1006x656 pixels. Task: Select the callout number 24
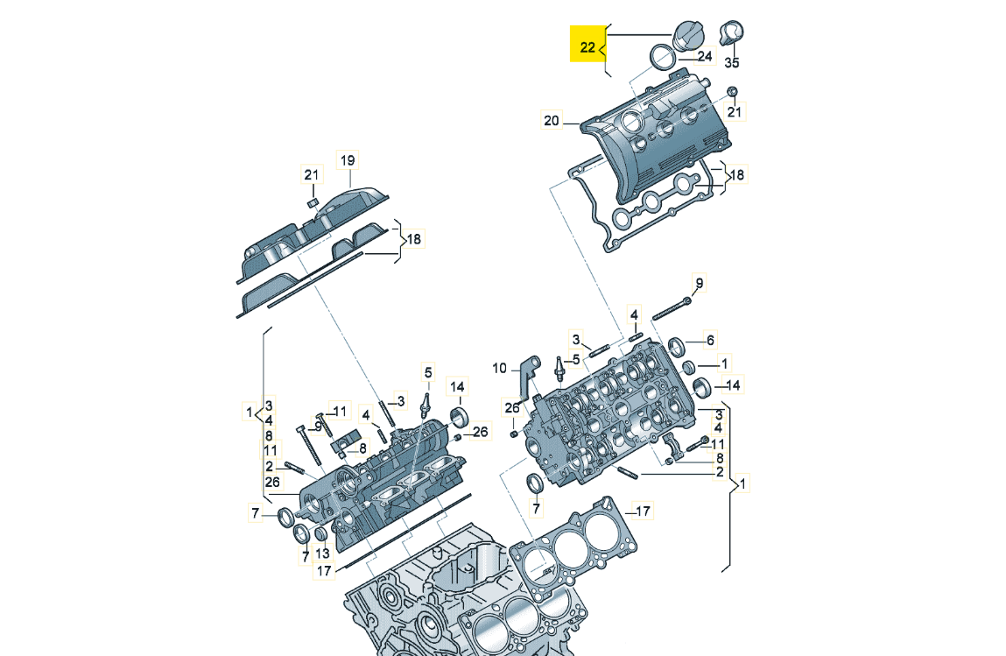click(x=706, y=57)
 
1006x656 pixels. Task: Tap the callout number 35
click(x=732, y=63)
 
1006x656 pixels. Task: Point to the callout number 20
click(x=551, y=122)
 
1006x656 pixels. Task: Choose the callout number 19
click(x=348, y=160)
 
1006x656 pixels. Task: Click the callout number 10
click(x=499, y=369)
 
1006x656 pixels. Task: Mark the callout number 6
click(x=711, y=340)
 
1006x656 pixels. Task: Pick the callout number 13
click(x=321, y=553)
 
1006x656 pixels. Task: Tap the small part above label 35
click(x=730, y=33)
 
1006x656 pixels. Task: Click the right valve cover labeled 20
click(x=665, y=131)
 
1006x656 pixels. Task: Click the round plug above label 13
click(x=321, y=534)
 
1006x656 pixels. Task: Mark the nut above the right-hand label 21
click(x=733, y=92)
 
